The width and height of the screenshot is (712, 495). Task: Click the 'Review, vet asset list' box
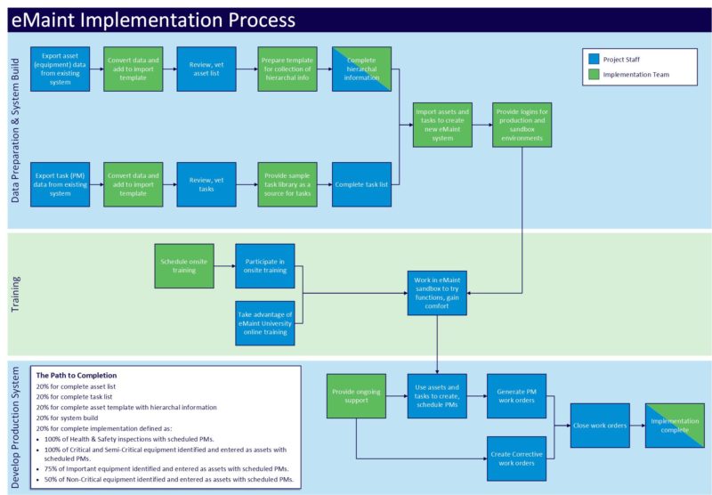(x=206, y=69)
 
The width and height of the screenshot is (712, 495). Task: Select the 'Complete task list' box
(x=361, y=184)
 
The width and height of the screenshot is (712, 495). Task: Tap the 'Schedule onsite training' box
(x=184, y=265)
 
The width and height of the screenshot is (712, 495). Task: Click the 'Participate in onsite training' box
(x=265, y=265)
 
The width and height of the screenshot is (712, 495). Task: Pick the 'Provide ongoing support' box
(x=356, y=395)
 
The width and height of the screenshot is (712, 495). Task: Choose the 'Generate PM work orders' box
(x=516, y=395)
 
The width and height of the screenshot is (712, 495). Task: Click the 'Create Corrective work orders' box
(x=516, y=458)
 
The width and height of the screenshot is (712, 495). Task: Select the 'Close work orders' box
(x=599, y=426)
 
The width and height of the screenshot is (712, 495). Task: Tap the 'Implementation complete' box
(x=675, y=426)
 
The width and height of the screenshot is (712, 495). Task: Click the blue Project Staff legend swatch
(x=594, y=60)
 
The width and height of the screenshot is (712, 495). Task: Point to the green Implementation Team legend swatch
(x=594, y=75)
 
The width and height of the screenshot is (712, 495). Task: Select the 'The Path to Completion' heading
(x=76, y=375)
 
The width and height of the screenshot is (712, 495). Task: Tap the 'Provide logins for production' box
(x=522, y=126)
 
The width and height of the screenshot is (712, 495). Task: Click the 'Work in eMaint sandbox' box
(x=437, y=293)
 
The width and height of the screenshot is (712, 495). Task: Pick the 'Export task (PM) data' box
(x=60, y=184)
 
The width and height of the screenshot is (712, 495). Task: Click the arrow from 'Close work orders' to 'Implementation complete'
(x=636, y=426)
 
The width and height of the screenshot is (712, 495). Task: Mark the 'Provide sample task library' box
(x=287, y=184)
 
